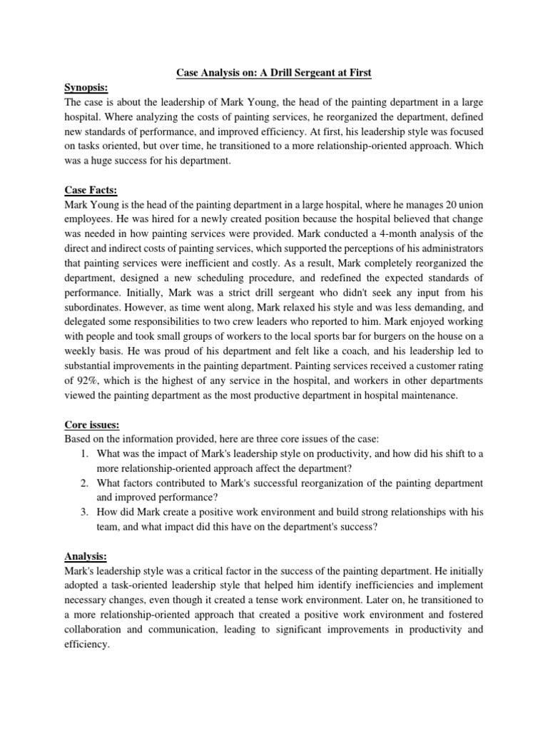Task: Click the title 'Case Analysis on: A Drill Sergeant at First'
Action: (273, 73)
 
